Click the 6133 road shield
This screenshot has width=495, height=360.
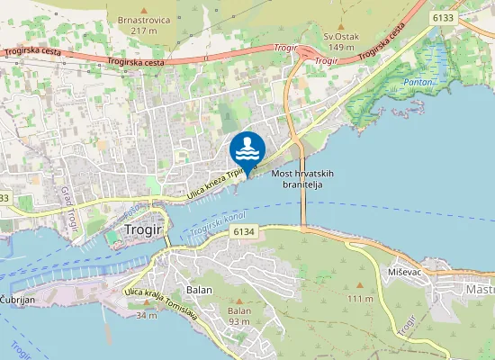442,17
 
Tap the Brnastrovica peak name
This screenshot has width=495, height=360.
143,18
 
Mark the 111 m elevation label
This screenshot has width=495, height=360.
360,298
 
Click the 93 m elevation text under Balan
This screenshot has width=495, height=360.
238,321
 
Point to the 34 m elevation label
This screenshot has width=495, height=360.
146,315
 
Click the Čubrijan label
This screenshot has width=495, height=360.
17,298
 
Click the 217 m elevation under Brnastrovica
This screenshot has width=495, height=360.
144,31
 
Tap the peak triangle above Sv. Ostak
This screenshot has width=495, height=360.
341,26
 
